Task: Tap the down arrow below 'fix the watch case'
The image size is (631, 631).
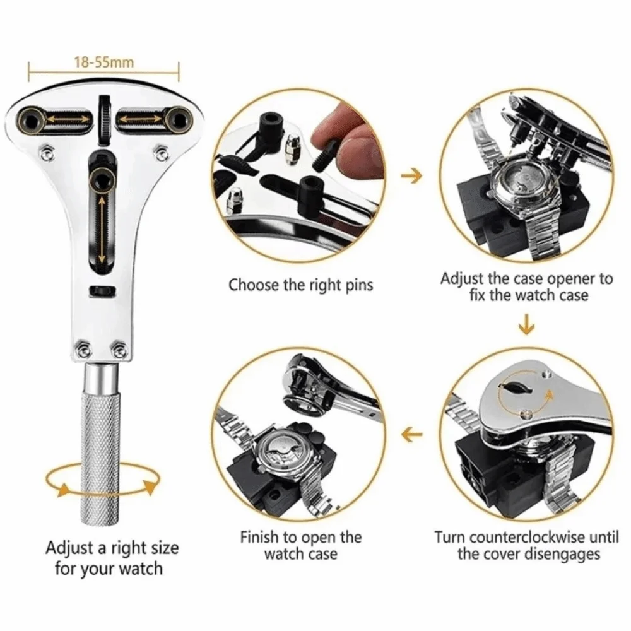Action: coord(526,327)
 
